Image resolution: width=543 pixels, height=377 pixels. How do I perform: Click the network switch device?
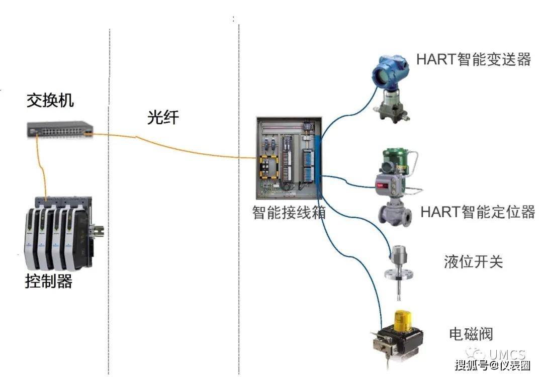coord(60,129)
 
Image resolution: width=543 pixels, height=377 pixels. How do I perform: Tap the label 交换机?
coord(50,101)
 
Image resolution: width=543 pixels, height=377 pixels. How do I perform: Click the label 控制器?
coord(49,281)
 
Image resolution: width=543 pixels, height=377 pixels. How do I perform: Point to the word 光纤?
coord(163,117)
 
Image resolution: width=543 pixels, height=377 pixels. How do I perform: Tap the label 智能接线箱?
coord(289,213)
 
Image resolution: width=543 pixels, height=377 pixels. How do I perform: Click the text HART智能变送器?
coord(474,59)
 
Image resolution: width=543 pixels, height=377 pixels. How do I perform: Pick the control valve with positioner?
coord(397,186)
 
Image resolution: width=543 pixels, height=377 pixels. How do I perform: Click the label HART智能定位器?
coord(477,212)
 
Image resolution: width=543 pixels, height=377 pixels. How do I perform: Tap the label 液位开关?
coord(473,262)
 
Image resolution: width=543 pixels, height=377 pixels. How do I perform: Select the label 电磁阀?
coord(471,334)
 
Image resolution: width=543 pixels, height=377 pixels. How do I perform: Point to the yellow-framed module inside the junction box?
coord(270,166)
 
